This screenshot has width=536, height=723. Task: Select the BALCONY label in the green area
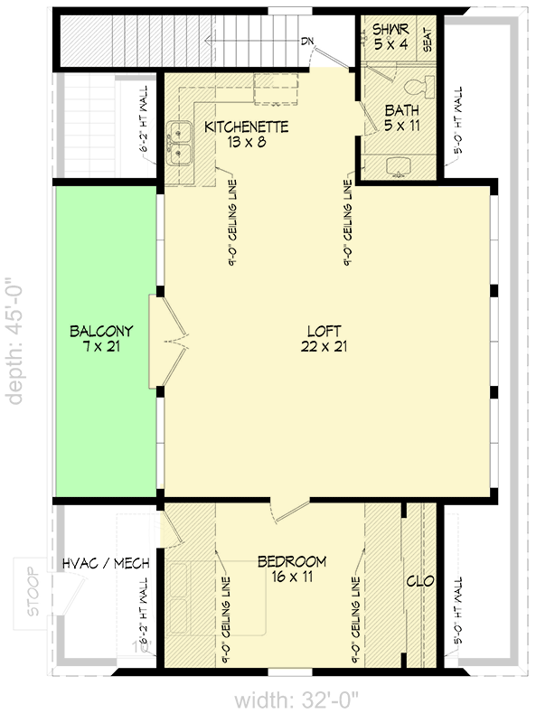(100, 330)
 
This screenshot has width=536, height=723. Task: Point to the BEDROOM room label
(292, 561)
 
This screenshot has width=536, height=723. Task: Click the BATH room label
(402, 110)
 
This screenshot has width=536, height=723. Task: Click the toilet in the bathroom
(419, 89)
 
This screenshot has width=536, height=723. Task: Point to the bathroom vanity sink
(399, 166)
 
